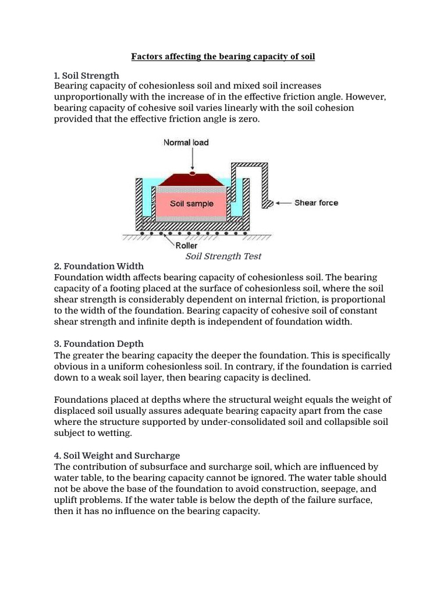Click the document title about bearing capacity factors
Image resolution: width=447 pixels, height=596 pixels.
(x=223, y=56)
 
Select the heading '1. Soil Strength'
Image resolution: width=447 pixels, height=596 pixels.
(x=86, y=76)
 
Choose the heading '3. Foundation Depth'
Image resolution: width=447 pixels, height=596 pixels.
(x=98, y=343)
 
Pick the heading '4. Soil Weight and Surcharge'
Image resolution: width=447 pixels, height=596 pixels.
(x=117, y=455)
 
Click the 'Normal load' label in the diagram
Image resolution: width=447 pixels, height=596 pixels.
(x=186, y=142)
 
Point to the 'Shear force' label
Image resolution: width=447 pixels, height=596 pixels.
(x=316, y=203)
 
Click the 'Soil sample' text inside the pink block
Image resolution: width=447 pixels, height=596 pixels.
(x=191, y=204)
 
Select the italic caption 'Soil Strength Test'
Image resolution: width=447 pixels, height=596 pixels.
(x=223, y=256)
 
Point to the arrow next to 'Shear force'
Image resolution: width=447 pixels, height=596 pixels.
(x=283, y=203)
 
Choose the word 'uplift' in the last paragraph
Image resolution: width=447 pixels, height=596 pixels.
(x=68, y=500)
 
